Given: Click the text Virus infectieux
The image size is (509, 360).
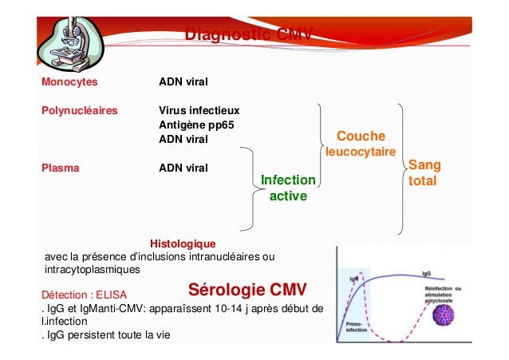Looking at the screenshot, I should point(199,110).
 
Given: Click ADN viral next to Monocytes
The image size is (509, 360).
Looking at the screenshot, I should point(183,81).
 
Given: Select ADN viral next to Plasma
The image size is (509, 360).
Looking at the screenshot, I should point(183,168).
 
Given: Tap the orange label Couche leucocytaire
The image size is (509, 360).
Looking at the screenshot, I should point(361,144).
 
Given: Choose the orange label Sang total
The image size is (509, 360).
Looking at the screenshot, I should point(424,172).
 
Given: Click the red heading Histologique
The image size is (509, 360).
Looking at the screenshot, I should point(183,242).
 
